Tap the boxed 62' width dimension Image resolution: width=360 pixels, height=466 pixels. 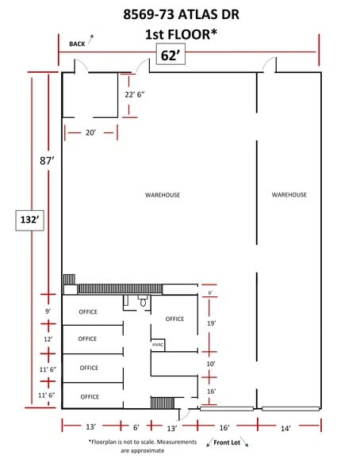point(168,56)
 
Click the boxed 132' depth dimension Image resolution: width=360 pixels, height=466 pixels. point(27,220)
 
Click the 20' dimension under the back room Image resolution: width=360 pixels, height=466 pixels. point(90,133)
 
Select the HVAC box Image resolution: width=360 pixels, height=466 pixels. point(158,345)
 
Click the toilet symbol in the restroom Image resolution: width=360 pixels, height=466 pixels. point(143,302)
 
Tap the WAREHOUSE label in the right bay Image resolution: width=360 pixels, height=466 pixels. point(289,194)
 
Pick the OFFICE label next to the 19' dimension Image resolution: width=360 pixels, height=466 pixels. point(174,319)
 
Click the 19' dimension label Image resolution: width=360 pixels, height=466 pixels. point(211,323)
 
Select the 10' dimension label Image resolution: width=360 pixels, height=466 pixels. point(211,364)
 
